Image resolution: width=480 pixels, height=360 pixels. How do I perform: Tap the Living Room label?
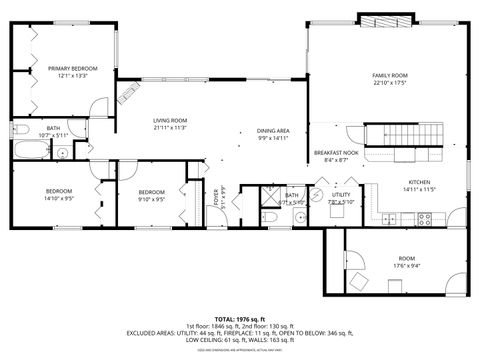tap(170, 120)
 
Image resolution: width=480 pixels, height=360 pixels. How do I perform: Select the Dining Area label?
tap(273, 131)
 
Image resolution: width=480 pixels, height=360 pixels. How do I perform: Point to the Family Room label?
tap(390, 75)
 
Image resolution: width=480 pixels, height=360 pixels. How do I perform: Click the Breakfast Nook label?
tap(330, 152)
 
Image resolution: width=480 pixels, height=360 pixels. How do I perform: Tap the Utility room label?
tap(341, 195)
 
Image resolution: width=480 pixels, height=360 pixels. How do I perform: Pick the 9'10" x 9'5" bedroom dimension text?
tap(151, 198)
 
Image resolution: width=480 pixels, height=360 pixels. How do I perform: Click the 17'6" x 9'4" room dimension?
tap(406, 264)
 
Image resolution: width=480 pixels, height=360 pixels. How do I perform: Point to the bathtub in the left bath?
tap(31, 152)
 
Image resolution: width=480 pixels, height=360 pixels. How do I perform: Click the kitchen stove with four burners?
tap(424, 219)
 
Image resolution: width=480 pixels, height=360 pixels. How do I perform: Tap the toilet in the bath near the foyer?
tap(271, 218)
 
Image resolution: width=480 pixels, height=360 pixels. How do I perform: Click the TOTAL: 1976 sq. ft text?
tap(239, 318)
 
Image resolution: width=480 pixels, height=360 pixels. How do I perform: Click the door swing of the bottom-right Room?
tap(357, 281)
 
